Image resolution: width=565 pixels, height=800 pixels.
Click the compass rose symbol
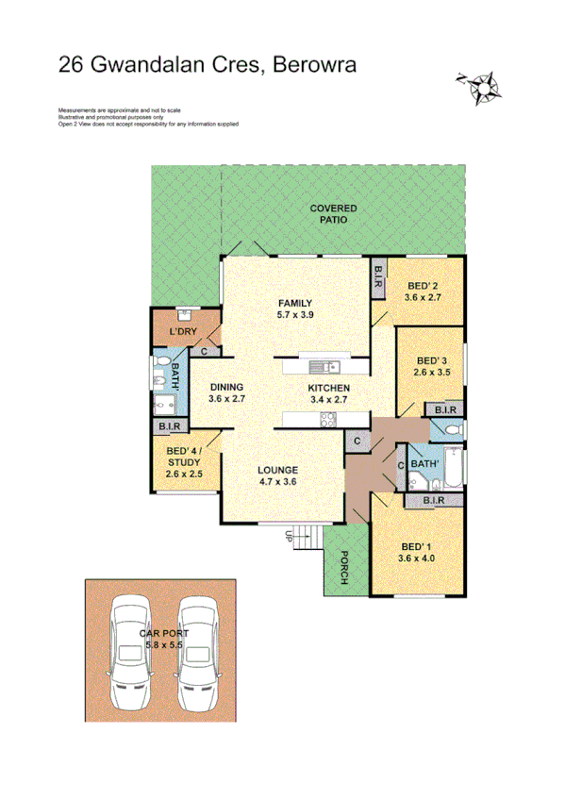coord(481,87)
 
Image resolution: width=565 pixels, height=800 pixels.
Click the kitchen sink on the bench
coord(322,366)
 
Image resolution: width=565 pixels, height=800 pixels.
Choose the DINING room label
coord(226,387)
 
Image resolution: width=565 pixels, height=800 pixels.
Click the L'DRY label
coord(182,333)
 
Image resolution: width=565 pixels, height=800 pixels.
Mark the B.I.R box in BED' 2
coord(378,275)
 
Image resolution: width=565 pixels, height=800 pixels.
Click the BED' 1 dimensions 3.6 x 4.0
coord(417,558)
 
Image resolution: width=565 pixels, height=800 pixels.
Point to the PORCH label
coord(343,567)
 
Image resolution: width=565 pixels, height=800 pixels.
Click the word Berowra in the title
coord(318,64)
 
